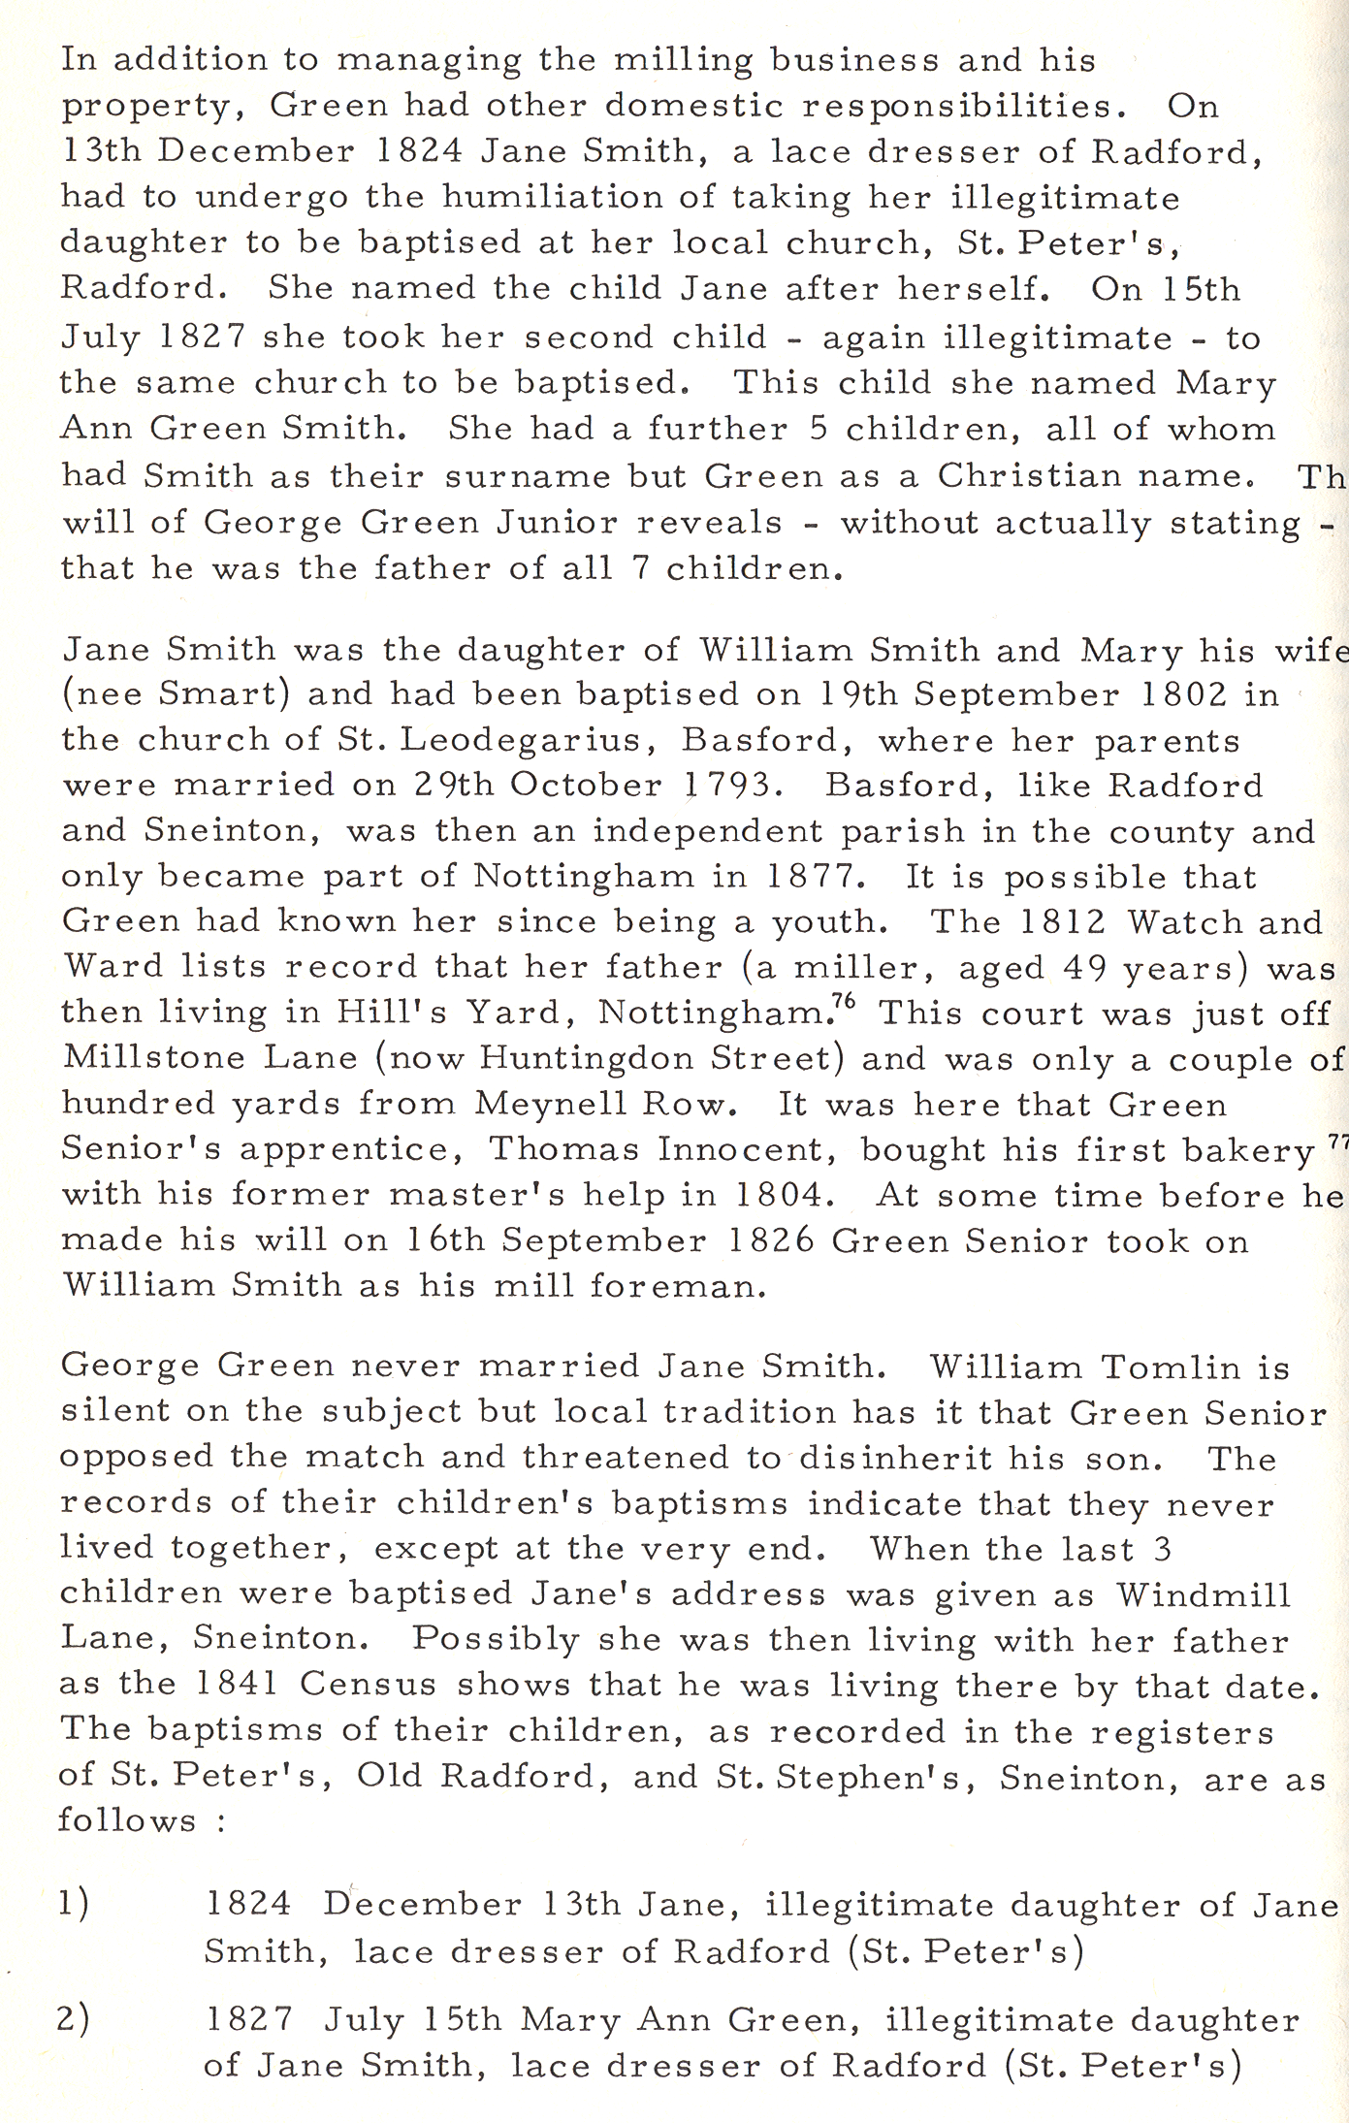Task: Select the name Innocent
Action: tap(748, 1149)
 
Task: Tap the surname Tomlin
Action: tap(1171, 1368)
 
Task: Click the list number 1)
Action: tap(74, 1904)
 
